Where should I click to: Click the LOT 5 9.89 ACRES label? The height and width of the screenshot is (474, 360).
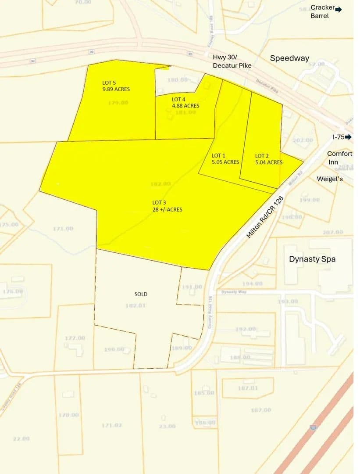(116, 86)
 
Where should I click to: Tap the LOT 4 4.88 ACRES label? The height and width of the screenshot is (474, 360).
(185, 102)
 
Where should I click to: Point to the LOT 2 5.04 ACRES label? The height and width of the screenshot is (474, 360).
(269, 159)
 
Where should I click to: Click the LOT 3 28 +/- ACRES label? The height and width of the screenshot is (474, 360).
(167, 206)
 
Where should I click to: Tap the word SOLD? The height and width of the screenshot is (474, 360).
(141, 294)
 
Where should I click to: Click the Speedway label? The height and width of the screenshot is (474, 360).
(289, 58)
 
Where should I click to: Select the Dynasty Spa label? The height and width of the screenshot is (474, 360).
(312, 259)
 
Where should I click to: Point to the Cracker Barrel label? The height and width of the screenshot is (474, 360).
(322, 11)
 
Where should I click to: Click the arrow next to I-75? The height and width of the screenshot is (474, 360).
(349, 137)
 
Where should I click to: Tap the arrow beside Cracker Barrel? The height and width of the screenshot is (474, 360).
(339, 9)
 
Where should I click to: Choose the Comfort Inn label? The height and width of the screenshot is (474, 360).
(339, 158)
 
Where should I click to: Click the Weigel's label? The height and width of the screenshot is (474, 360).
(330, 179)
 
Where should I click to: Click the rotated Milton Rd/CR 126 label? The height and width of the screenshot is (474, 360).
(265, 217)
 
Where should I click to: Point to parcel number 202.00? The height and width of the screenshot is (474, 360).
(303, 140)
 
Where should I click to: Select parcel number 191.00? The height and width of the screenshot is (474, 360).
(192, 287)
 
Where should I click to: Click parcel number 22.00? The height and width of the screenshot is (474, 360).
(21, 439)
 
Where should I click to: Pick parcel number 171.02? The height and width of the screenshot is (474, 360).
(111, 425)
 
